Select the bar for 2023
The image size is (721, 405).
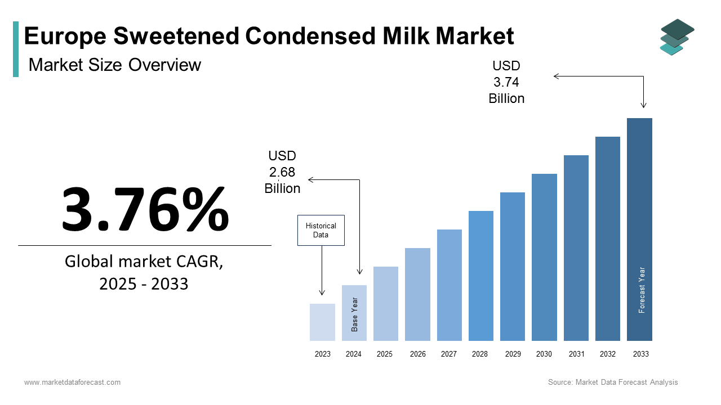[322, 322]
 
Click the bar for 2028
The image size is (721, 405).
[481, 276]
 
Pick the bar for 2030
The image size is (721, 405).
[544, 257]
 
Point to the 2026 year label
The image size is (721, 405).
[418, 354]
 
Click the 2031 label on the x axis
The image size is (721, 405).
[576, 354]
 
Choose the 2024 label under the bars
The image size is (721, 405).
[354, 354]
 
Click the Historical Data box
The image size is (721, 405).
[321, 230]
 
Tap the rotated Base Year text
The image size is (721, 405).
[355, 314]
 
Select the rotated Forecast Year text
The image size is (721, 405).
[642, 290]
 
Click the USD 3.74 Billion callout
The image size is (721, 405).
[506, 82]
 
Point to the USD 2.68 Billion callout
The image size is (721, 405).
[282, 172]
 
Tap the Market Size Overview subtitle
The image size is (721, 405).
[115, 65]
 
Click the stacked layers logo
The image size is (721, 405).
[677, 37]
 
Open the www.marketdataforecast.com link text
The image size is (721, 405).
[72, 382]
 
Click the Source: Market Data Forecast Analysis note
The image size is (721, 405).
[613, 382]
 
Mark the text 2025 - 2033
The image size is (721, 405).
[144, 284]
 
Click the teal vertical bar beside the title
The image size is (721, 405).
[16, 49]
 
